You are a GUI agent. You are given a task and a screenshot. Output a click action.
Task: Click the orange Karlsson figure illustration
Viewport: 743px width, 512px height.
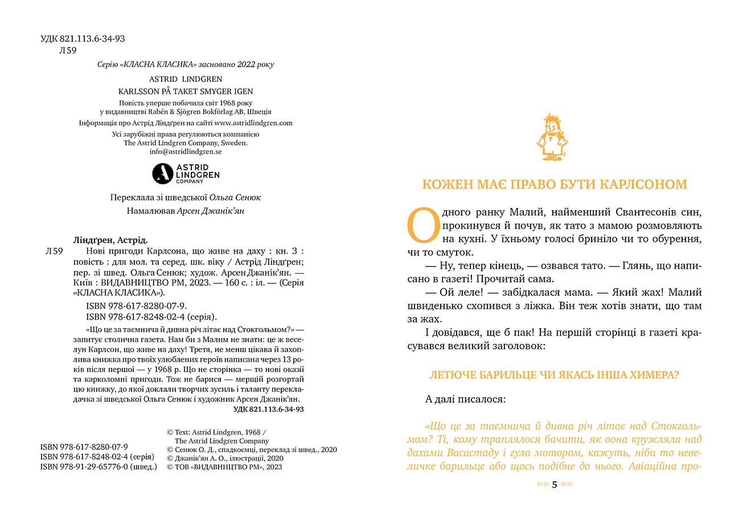click(551, 138)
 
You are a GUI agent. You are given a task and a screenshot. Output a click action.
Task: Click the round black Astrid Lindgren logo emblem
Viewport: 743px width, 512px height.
click(162, 174)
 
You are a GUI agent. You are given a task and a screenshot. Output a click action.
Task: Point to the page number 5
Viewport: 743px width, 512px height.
click(555, 485)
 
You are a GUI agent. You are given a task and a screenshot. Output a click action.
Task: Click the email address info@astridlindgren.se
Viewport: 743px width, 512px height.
click(186, 152)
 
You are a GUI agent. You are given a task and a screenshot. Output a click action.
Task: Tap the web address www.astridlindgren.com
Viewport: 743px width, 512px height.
click(253, 122)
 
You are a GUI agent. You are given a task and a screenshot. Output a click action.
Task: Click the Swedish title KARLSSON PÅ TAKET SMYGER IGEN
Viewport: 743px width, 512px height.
click(186, 91)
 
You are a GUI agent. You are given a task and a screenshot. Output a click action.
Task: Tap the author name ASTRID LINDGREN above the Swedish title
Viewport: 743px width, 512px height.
click(186, 79)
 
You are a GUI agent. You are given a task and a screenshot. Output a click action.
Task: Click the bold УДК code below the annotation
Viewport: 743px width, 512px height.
click(268, 409)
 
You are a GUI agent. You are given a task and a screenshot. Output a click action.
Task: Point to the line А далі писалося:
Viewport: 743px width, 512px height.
click(465, 399)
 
